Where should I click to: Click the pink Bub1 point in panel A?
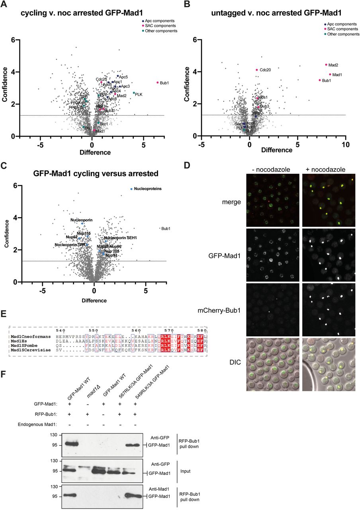[x=158, y=82]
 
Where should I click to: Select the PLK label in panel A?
[x=139, y=94]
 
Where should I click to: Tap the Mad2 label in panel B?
[x=333, y=65]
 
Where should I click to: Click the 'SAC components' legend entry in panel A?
[x=161, y=25]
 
